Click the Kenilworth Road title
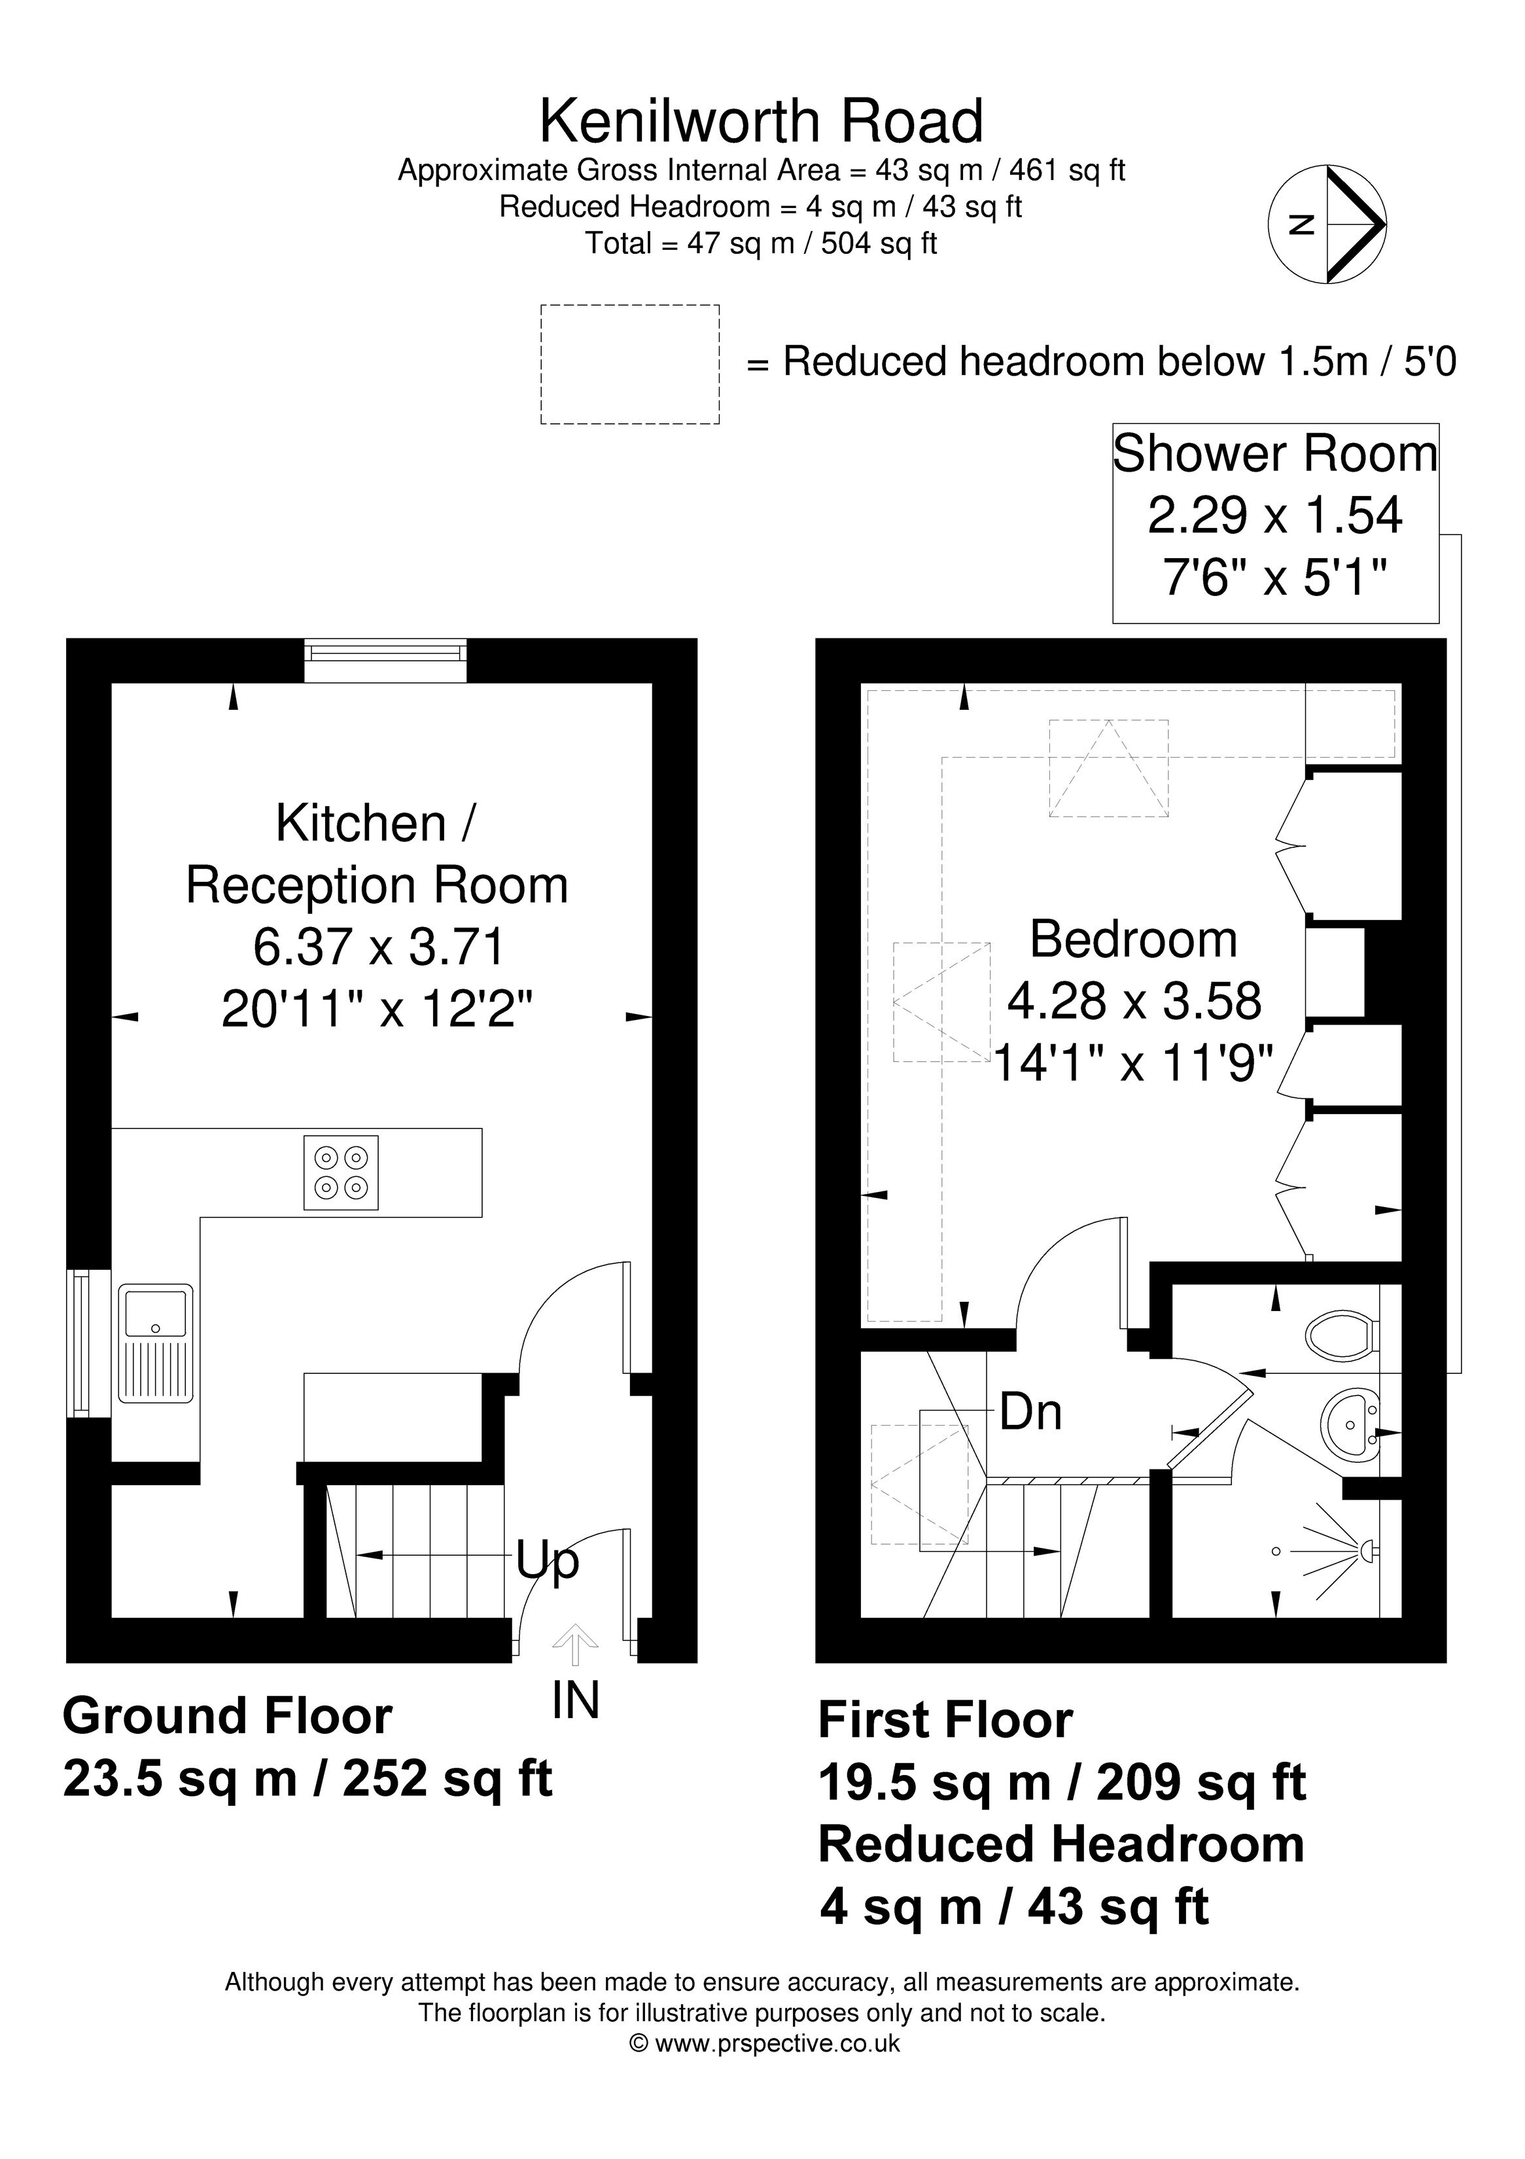(x=762, y=121)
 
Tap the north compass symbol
(x=1327, y=224)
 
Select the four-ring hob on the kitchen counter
(x=340, y=1172)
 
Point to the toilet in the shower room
(x=1342, y=1333)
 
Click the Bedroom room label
(x=1133, y=938)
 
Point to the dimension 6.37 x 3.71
(x=379, y=947)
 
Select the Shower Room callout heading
(x=1275, y=454)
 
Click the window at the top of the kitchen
(x=385, y=661)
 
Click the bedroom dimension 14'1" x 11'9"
(x=1133, y=1064)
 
